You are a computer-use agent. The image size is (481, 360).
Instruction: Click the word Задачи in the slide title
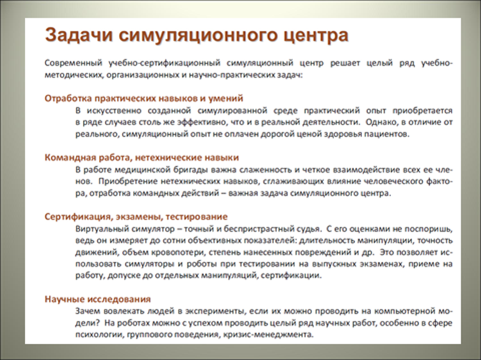(x=78, y=35)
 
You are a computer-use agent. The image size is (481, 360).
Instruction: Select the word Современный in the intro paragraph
(x=73, y=63)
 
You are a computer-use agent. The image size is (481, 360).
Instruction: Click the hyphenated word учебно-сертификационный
(x=164, y=64)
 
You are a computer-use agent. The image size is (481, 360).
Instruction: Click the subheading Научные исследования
(x=98, y=299)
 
